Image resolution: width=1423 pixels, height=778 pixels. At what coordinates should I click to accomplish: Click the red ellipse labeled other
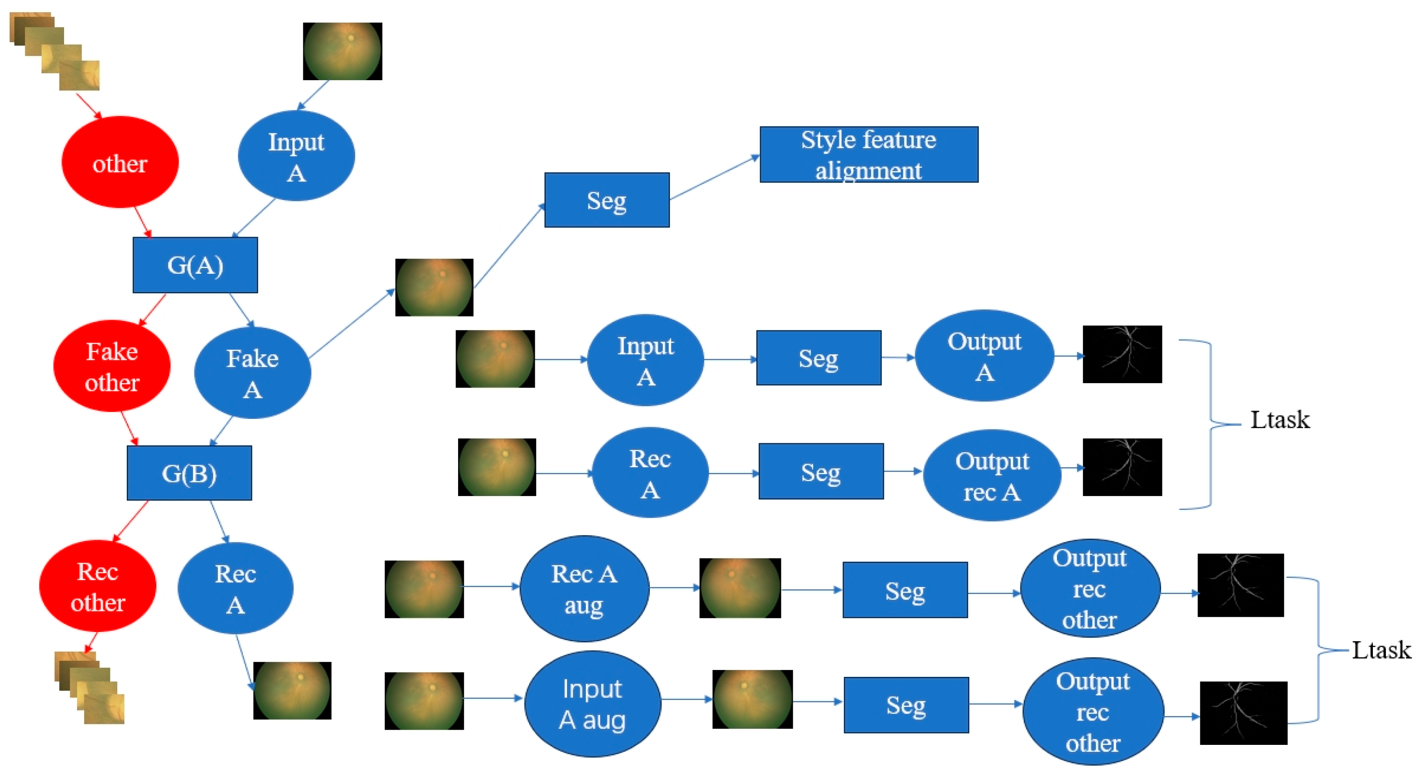(120, 163)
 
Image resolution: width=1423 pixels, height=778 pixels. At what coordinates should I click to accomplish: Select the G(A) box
(195, 265)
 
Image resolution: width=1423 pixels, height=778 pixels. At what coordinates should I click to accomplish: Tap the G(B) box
(189, 473)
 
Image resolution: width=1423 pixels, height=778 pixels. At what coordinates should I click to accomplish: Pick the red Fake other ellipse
(112, 367)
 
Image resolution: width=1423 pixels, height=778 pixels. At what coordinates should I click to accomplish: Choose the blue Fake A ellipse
(252, 373)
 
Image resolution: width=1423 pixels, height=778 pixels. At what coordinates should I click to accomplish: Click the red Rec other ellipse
(98, 586)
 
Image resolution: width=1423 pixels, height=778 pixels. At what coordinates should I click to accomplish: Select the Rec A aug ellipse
(584, 588)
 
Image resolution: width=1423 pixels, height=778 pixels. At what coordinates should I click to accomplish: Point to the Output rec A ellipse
(992, 475)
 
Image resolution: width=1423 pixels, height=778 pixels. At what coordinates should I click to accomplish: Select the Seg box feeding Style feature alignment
(607, 200)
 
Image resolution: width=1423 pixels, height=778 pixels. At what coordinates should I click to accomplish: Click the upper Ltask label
(1279, 420)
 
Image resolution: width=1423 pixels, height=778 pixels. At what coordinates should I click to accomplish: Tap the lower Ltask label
(1381, 650)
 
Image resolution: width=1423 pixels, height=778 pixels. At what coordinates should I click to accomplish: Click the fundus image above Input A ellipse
(343, 51)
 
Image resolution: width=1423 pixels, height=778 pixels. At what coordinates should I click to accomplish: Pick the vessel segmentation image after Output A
(1122, 354)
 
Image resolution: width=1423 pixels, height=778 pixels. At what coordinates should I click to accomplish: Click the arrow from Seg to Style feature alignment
(715, 178)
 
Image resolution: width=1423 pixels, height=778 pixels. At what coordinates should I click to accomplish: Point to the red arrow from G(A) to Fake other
(152, 310)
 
